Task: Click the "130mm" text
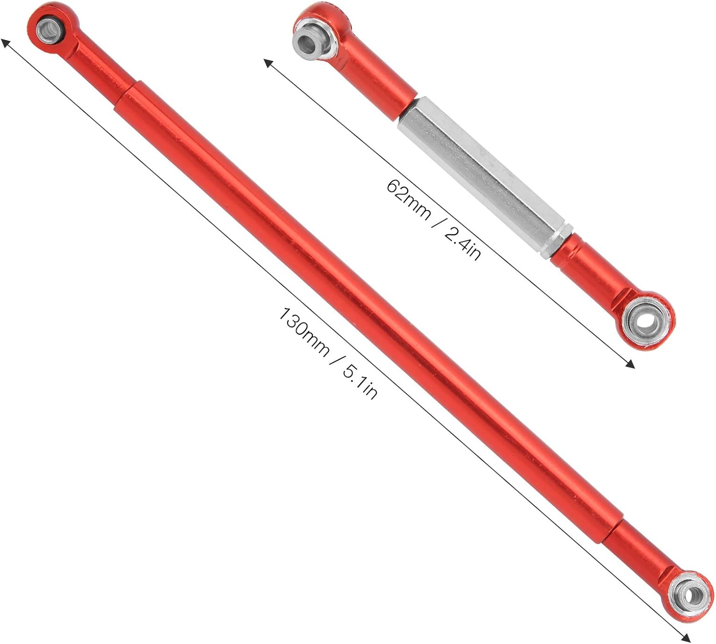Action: [303, 332]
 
